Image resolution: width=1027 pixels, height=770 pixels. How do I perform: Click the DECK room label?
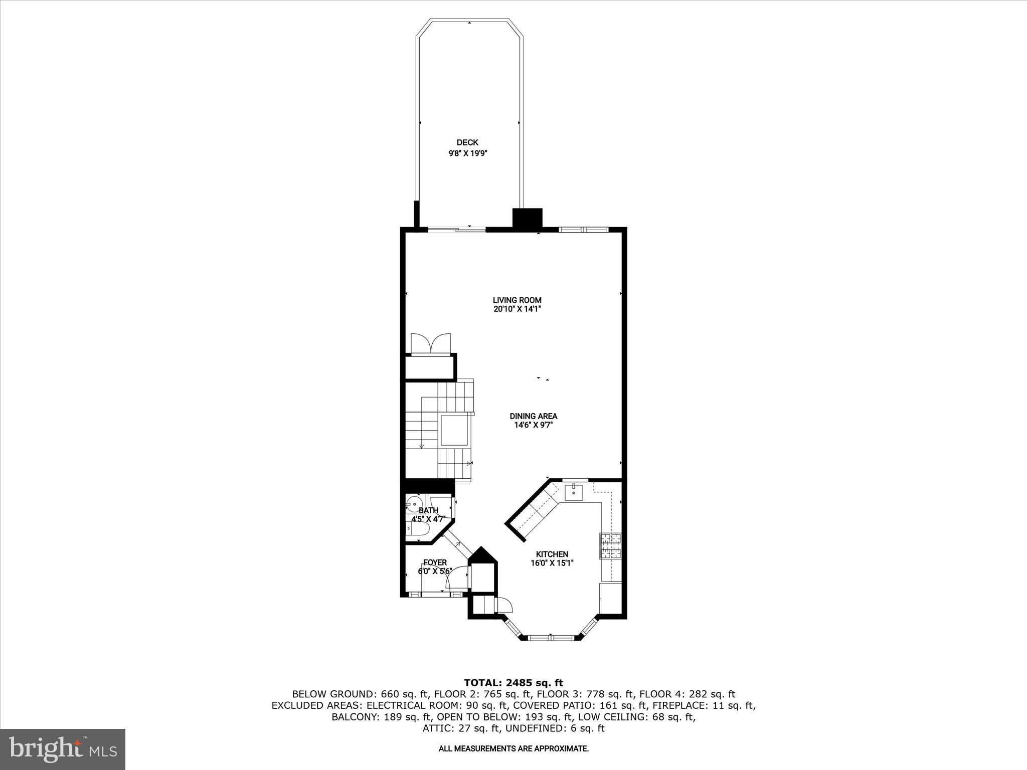tap(467, 143)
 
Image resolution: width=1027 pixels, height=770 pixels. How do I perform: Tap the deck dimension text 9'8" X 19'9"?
tap(468, 154)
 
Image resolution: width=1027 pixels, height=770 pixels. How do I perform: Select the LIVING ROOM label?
tap(517, 300)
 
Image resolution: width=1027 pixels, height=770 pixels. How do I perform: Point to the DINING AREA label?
tap(533, 416)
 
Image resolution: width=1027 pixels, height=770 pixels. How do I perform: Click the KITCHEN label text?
tap(552, 554)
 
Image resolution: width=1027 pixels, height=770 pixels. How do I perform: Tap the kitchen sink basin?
tap(573, 492)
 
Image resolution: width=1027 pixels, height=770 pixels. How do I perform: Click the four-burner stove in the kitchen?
tap(610, 546)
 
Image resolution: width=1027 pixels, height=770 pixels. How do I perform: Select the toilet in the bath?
tap(417, 530)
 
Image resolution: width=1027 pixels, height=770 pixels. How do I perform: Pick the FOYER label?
tap(435, 562)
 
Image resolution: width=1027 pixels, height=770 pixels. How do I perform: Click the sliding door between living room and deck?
tap(456, 230)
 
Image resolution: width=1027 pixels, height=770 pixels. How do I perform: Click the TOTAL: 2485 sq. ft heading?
tap(513, 683)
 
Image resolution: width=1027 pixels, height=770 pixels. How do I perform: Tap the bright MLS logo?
tap(63, 749)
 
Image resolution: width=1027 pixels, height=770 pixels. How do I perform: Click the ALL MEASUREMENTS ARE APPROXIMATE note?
tap(513, 749)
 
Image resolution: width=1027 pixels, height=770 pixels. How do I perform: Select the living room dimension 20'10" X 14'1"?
tap(517, 309)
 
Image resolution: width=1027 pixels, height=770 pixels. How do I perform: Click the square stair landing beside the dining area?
tap(454, 430)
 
